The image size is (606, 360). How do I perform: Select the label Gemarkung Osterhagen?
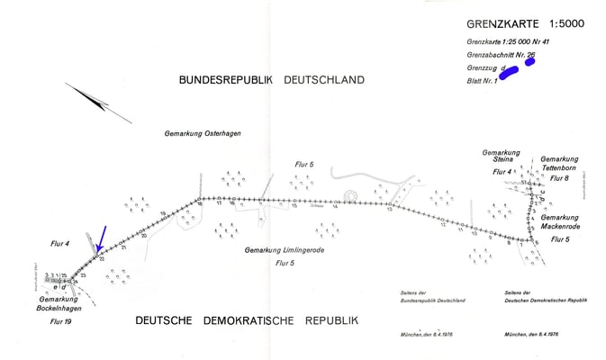pyautogui.click(x=203, y=133)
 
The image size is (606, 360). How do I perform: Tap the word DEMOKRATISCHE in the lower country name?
pyautogui.click(x=249, y=320)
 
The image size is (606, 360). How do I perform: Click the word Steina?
pyautogui.click(x=502, y=160)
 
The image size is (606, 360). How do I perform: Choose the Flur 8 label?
pyautogui.click(x=560, y=178)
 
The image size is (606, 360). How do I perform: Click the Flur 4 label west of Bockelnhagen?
pyautogui.click(x=60, y=244)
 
